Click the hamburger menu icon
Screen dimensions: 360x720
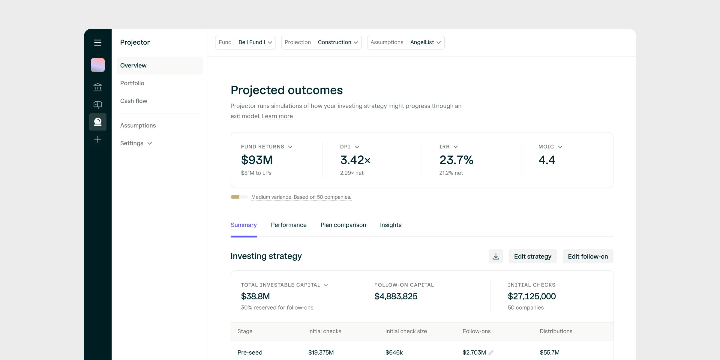pos(98,43)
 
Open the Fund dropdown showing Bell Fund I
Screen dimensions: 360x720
pos(245,43)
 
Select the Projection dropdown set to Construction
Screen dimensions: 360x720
pos(321,43)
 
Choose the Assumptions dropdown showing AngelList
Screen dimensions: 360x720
pos(406,43)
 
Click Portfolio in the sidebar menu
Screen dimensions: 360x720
pos(132,83)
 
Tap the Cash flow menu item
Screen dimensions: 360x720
pos(134,101)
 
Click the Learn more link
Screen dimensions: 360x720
pos(277,116)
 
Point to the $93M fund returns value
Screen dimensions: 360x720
pos(257,160)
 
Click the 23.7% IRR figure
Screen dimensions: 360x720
pos(456,160)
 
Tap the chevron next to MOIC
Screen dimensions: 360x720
pos(560,147)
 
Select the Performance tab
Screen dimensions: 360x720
pos(289,225)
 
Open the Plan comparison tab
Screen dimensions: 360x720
pos(343,225)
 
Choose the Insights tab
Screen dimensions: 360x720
pos(391,225)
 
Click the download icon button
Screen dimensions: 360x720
pos(496,256)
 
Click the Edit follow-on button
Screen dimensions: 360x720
pos(588,256)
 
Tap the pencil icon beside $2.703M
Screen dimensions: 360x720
pos(491,353)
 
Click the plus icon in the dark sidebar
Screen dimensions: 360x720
pos(98,139)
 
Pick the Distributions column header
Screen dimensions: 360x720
pos(556,331)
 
